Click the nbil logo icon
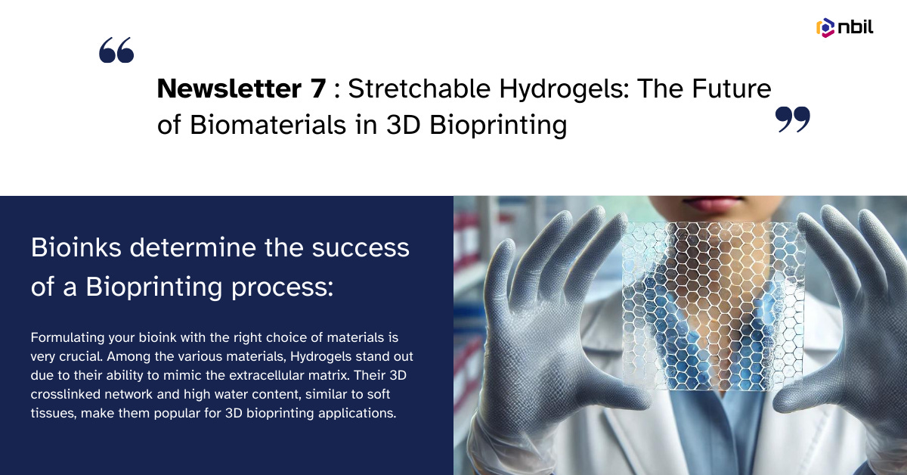825,28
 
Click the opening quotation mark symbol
116,51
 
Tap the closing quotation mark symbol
793,120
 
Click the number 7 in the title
317,89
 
